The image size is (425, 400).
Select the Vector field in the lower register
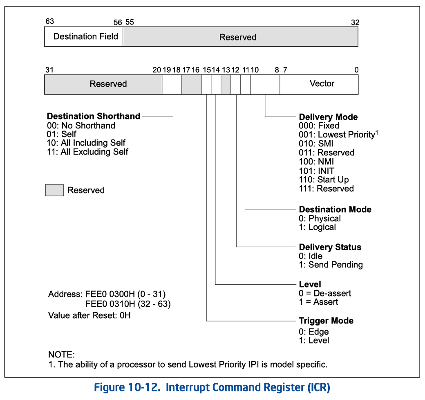point(319,84)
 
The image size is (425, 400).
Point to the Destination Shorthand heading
point(94,117)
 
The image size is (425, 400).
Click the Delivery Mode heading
point(328,117)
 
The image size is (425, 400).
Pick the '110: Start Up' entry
point(324,180)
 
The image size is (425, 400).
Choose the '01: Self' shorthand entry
point(62,134)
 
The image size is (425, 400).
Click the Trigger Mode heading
point(326,321)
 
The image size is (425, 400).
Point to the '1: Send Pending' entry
point(331,265)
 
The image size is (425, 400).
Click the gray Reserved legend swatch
point(54,190)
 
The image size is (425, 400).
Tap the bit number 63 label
point(49,22)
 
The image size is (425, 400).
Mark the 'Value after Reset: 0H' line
point(89,315)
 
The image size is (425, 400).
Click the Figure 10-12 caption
point(212,387)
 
